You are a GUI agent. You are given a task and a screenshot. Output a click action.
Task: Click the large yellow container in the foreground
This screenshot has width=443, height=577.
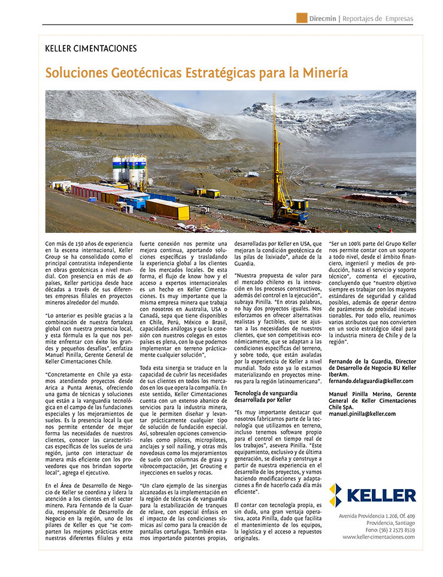pos(167,209)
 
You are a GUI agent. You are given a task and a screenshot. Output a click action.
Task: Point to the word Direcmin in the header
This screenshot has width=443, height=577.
pos(323,19)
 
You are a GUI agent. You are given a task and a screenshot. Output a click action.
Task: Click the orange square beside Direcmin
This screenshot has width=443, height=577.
pos(302,19)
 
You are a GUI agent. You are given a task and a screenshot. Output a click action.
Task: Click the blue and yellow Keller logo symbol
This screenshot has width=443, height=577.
pos(336,495)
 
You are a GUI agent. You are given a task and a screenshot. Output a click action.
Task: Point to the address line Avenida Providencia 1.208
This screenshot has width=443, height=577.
pos(376,515)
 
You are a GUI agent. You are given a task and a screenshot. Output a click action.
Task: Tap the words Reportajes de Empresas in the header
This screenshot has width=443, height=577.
pos(378,19)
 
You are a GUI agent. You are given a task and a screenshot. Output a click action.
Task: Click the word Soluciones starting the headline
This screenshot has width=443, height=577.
pos(76,73)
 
